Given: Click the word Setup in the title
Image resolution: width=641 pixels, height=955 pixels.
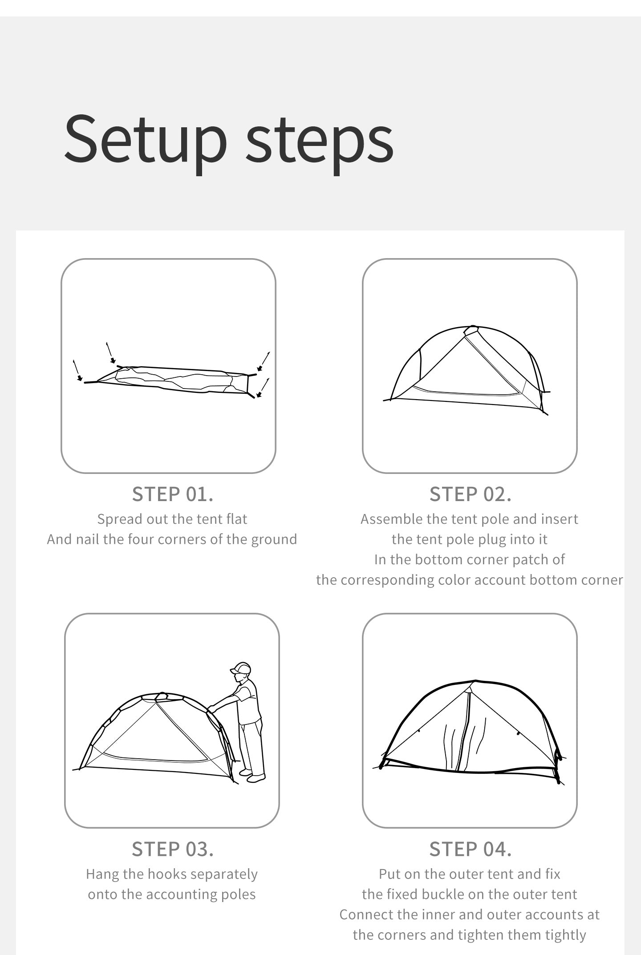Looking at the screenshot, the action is (x=146, y=139).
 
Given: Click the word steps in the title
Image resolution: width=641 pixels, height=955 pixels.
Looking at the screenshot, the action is (x=320, y=139).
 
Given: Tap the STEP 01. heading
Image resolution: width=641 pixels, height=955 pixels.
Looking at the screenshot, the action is (x=173, y=494).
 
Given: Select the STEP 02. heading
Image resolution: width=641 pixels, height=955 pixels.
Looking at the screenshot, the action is (x=470, y=494).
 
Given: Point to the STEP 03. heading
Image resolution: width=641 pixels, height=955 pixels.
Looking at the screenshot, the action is (x=173, y=850).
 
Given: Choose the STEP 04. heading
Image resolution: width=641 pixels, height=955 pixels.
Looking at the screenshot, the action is (x=470, y=850).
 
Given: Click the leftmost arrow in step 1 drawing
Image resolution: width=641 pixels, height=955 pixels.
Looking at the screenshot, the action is (x=77, y=370).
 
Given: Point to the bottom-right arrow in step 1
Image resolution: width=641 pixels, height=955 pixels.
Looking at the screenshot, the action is (x=263, y=388).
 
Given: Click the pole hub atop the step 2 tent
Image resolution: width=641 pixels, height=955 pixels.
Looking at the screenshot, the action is (x=471, y=330).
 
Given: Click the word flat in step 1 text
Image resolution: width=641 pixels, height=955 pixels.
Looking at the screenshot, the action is (x=236, y=519).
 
